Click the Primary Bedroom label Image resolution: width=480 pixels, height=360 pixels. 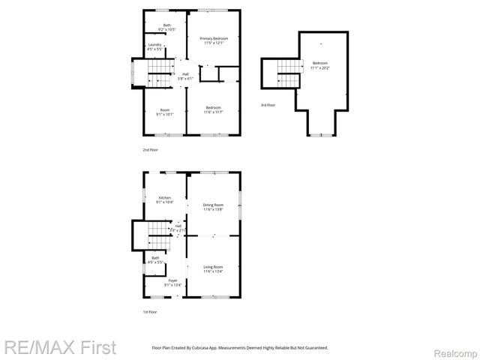214,40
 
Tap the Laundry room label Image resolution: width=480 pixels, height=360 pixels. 155,47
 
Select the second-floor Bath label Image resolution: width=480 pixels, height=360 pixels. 166,28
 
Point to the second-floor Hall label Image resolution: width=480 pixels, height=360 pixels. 185,76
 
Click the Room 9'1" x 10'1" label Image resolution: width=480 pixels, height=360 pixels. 164,112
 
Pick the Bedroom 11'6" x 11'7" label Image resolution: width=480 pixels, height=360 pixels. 214,109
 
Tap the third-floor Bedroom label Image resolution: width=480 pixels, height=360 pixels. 319,65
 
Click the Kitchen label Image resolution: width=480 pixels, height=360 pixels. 164,200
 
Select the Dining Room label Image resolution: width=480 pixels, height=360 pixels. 214,207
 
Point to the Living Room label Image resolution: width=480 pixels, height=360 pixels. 214,268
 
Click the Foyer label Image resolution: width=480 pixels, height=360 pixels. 173,283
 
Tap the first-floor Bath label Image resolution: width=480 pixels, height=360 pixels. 155,260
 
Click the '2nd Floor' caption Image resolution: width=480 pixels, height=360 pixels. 150,150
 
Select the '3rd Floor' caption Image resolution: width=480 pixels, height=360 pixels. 268,105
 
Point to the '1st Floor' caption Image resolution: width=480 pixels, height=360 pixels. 150,311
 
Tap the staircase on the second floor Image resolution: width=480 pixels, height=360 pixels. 158,72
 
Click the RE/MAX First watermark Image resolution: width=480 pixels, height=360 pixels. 59,348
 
